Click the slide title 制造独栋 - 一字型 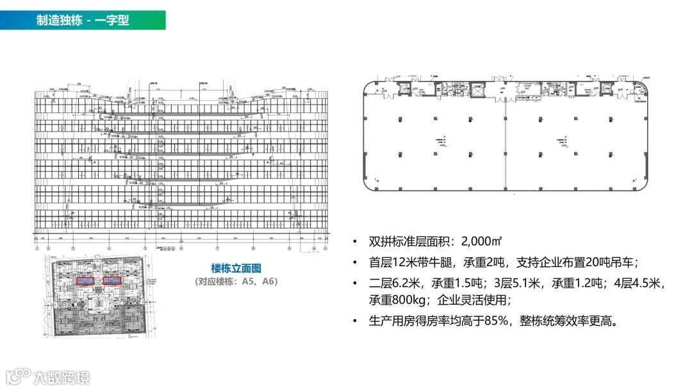tap(83, 20)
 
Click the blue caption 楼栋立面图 tap(236, 269)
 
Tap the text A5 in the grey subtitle tap(249, 282)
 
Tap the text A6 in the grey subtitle tap(266, 282)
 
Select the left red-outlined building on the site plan tap(84, 281)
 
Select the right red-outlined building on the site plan tap(112, 281)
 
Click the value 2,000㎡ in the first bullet tap(478, 242)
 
